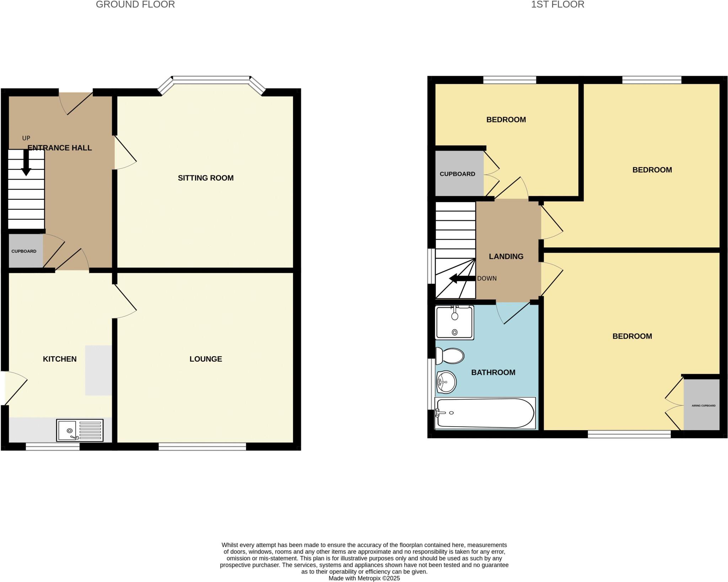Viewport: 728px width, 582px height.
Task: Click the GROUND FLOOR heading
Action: [x=135, y=5]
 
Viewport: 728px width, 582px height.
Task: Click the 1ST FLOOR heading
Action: [x=557, y=5]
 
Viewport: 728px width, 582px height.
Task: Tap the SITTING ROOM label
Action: [x=205, y=178]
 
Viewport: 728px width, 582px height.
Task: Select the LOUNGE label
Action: [x=205, y=359]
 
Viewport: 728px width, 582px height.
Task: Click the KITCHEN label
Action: [x=60, y=359]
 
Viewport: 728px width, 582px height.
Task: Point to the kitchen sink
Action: [x=80, y=430]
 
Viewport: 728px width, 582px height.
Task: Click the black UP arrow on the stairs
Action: [x=26, y=163]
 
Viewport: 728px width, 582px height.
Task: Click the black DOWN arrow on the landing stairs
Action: [x=462, y=278]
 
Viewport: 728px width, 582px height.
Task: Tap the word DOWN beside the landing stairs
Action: [x=487, y=278]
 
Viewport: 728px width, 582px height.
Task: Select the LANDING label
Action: [x=506, y=256]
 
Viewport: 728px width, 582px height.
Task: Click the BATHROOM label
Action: [x=493, y=373]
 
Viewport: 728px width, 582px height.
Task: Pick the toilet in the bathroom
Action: [x=450, y=356]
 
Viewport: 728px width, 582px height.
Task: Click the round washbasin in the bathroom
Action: [x=446, y=382]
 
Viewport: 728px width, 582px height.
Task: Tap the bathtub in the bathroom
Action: [x=485, y=413]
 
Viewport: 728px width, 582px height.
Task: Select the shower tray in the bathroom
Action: [x=455, y=322]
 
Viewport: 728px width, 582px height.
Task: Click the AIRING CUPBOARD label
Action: [x=703, y=406]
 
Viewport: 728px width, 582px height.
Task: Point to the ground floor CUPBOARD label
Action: [x=24, y=251]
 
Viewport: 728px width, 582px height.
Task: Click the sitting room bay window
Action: [x=211, y=79]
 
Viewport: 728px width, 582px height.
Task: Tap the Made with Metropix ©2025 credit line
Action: [x=364, y=578]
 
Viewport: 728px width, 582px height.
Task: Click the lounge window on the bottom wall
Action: [x=202, y=446]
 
